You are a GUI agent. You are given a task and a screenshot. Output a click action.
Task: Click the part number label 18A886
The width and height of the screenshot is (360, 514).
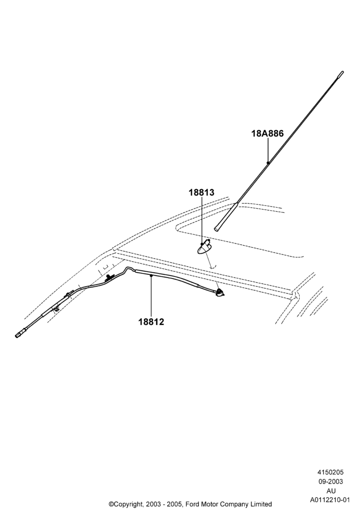coord(267,134)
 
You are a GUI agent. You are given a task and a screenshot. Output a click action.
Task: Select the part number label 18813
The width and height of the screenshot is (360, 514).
coord(201,192)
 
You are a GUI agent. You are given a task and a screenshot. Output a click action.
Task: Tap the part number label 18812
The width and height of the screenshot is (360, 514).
coord(151,322)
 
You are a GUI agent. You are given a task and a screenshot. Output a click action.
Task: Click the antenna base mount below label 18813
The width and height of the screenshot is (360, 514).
coord(205,247)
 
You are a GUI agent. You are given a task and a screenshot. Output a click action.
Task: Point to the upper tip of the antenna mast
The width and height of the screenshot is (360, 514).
coord(342,72)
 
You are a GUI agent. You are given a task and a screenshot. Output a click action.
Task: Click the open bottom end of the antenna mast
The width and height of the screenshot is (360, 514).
coord(216,229)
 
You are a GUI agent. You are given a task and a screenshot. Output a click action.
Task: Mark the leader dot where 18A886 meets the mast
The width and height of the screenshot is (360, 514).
coord(268,162)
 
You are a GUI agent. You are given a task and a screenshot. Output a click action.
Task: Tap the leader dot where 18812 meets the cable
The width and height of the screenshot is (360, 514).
coord(151,277)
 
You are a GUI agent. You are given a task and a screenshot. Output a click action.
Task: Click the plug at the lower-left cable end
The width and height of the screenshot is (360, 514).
coord(20,335)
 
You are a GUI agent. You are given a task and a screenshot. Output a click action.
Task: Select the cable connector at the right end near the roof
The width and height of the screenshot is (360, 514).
coord(220,292)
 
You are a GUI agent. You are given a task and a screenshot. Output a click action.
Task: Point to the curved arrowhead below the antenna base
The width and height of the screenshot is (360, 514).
coord(213,267)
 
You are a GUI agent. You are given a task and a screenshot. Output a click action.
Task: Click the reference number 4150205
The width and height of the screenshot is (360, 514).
coord(330,472)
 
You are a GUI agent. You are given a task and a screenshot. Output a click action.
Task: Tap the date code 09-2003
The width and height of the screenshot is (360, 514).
coord(330,482)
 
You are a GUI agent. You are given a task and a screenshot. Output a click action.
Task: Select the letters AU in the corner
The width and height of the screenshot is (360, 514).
coord(331,491)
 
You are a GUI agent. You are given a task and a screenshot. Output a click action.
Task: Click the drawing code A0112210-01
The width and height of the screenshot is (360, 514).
coord(330,500)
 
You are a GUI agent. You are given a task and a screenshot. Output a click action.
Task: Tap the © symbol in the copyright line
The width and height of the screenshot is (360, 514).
coord(111,504)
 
